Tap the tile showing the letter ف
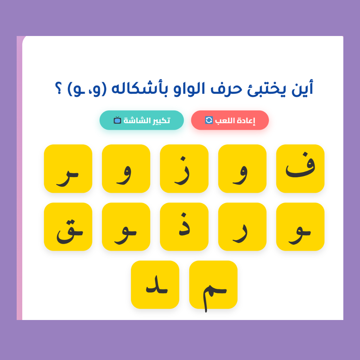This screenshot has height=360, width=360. pyautogui.click(x=300, y=169)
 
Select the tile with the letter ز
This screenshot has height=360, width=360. pyautogui.click(x=184, y=169)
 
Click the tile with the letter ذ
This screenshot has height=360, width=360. pyautogui.click(x=184, y=227)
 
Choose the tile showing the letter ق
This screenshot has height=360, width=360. pyautogui.click(x=68, y=227)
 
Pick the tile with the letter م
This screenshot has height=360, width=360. pyautogui.click(x=213, y=285)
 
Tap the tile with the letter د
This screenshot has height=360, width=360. pyautogui.click(x=155, y=285)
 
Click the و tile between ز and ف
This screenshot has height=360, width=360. pyautogui.click(x=242, y=169)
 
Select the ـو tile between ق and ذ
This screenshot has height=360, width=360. pyautogui.click(x=126, y=227)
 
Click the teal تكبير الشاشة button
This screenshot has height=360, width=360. pyautogui.click(x=142, y=120)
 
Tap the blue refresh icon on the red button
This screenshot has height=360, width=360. pyautogui.click(x=209, y=120)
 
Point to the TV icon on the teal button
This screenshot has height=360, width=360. pyautogui.click(x=117, y=120)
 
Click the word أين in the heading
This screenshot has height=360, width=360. pyautogui.click(x=302, y=88)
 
